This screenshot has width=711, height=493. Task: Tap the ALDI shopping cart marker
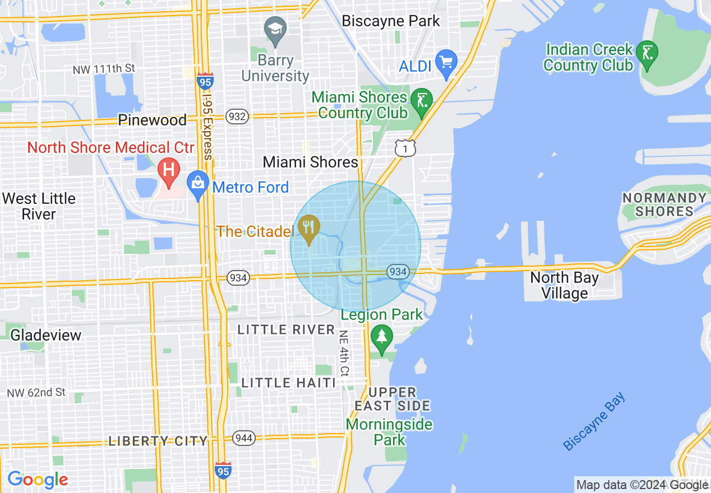pos(446,62)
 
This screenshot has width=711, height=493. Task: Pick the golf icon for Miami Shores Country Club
pos(421,101)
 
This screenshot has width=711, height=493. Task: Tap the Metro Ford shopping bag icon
pos(197,184)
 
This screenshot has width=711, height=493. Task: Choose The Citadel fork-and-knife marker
pos(308,227)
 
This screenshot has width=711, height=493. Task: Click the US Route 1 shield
pos(405,148)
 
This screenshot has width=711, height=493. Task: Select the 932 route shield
pos(237,117)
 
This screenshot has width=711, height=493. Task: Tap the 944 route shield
pos(244,438)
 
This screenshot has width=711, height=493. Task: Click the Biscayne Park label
pos(391,21)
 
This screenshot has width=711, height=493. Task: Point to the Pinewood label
pos(152,120)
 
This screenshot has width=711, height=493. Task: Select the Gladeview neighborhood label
pos(46,335)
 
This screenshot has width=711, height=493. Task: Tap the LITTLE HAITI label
pos(288,383)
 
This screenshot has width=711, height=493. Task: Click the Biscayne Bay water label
pos(594,422)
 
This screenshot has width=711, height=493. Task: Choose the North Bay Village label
pos(564,285)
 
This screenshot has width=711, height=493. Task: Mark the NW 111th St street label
pos(104,69)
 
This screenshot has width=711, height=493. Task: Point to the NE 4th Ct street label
pos(344,353)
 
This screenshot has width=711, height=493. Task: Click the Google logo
pos(38,480)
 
